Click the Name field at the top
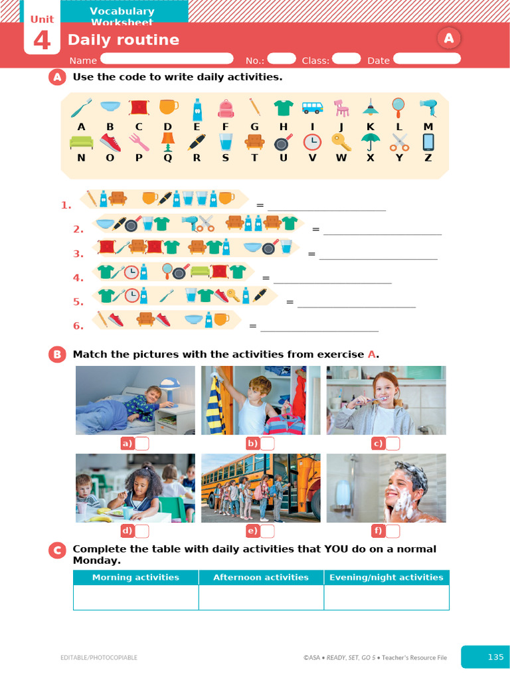point(166,58)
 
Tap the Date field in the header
point(427,58)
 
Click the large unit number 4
point(41,41)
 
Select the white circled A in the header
point(449,39)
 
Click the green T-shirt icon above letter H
point(284,108)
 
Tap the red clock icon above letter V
point(312,141)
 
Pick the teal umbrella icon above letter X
point(370,141)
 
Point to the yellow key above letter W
point(341,141)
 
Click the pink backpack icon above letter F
point(226,108)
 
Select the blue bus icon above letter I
point(312,108)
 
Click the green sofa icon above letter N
point(81,141)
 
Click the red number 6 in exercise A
point(78,325)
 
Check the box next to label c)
point(393,444)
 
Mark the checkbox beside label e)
point(268,531)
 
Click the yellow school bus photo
point(260,488)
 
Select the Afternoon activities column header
point(261,577)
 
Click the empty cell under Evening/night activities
point(386,597)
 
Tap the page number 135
point(495,657)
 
